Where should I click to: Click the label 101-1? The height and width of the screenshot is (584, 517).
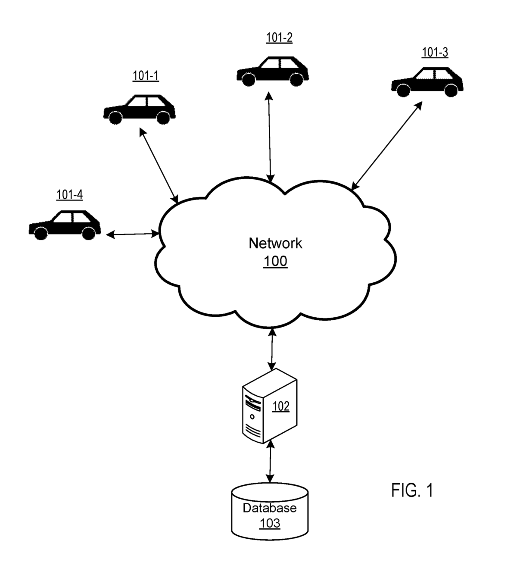point(146,76)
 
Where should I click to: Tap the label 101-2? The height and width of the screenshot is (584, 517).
point(279,38)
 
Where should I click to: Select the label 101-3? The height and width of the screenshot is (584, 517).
point(435,53)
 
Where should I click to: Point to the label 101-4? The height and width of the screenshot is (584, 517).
point(69,195)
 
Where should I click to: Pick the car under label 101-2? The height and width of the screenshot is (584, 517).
point(272,71)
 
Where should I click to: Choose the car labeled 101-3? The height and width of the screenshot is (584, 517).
point(427,81)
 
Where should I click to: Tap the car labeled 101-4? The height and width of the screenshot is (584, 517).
point(65,225)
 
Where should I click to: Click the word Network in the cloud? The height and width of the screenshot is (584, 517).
point(275,244)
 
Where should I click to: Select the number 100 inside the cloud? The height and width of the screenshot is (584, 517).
point(275,262)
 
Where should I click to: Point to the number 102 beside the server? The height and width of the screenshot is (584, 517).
point(281,406)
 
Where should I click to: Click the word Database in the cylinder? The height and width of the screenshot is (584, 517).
point(270,508)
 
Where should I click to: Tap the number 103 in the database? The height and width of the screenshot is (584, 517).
point(270,523)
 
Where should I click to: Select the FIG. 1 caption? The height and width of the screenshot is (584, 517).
point(412,490)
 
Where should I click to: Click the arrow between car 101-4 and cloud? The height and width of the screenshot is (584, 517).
point(133,234)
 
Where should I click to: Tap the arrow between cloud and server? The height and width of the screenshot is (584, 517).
point(271,350)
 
